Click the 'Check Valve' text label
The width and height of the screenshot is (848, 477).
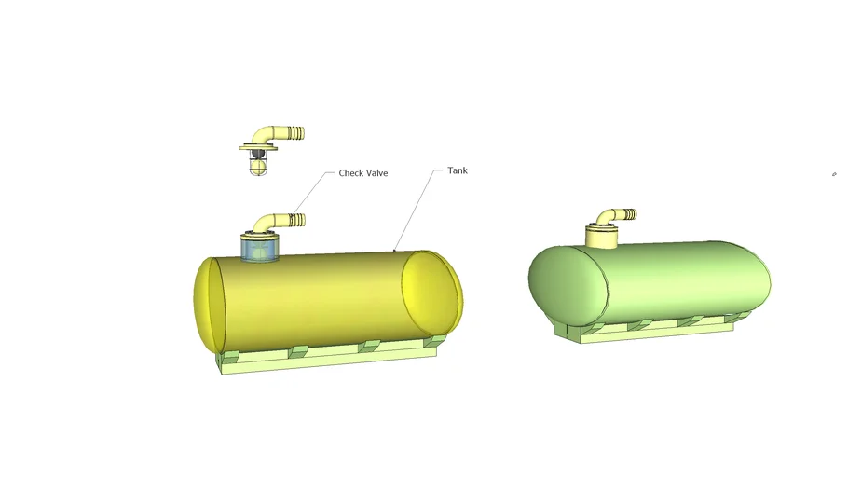[362, 173]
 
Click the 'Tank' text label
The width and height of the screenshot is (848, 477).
[457, 171]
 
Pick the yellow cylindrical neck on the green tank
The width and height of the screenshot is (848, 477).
[601, 237]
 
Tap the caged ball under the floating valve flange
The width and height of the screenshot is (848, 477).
[258, 166]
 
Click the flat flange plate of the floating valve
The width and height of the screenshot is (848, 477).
[257, 148]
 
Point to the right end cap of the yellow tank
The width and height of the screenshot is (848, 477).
[431, 293]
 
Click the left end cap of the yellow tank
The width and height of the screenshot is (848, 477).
[209, 304]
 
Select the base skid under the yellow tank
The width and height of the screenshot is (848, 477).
[326, 361]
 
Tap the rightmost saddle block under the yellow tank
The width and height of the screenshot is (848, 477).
[431, 341]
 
